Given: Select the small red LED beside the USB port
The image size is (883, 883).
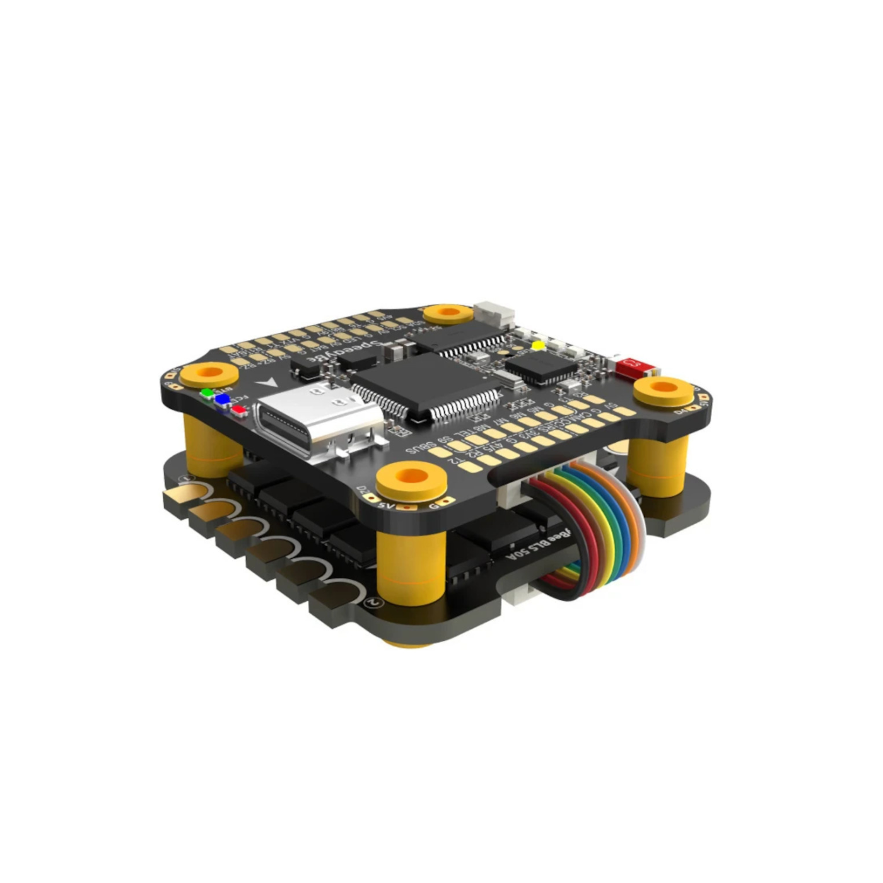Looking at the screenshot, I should click(x=238, y=409).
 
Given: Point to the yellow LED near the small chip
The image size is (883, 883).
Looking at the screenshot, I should click(x=537, y=345).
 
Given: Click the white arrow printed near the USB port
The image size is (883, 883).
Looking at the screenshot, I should click(x=268, y=383).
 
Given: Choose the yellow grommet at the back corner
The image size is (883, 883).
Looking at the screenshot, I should click(x=448, y=313).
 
